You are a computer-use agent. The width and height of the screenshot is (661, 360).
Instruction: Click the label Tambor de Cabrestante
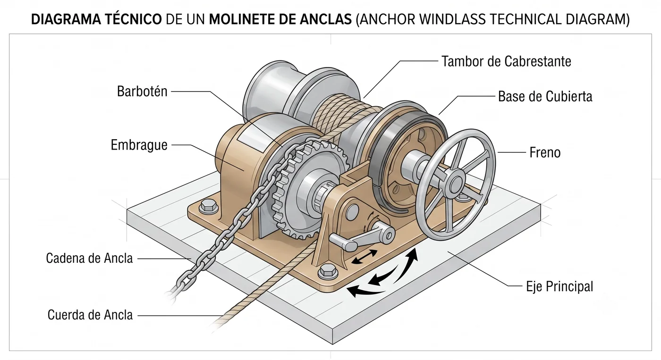pos(506,61)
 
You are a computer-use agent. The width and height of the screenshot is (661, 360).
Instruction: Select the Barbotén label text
pos(142,91)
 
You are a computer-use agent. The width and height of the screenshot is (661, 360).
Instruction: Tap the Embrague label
pos(139,145)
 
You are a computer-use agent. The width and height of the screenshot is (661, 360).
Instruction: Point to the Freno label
pos(545,152)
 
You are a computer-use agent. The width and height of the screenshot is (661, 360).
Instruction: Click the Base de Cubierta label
pos(545,96)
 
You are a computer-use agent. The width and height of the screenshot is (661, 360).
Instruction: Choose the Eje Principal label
pos(559,286)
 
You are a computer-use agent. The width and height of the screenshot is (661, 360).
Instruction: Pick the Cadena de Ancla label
pos(89,258)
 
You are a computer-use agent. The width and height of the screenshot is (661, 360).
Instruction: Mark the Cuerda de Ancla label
pos(90,315)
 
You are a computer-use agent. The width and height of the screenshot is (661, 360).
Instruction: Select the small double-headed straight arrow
pos(364,256)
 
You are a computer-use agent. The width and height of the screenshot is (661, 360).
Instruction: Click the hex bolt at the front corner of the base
pos(328,271)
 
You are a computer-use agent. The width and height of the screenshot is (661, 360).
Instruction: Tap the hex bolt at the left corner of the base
pos(209,206)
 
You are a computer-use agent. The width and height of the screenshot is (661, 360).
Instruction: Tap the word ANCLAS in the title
pos(326,19)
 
